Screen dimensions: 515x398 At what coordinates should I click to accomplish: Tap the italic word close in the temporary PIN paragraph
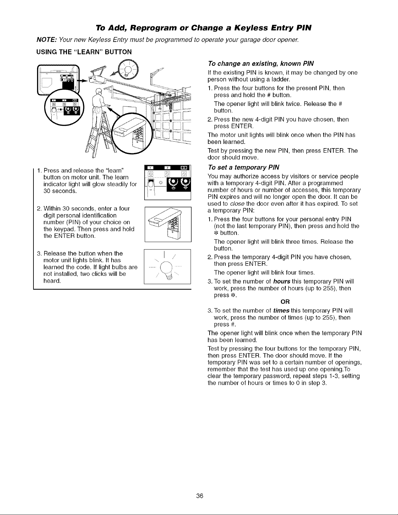click(x=234, y=204)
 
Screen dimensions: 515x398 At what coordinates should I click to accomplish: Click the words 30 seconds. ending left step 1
click(x=60, y=191)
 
